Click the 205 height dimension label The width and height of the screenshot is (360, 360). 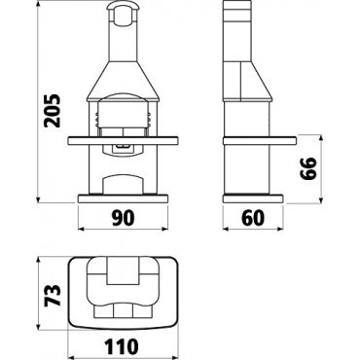53,111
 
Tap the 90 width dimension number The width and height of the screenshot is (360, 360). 123,218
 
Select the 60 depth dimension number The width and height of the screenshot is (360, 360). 253,218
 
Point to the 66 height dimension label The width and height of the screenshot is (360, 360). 307,168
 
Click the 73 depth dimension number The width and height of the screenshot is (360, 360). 53,295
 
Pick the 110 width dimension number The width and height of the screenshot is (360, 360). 122,346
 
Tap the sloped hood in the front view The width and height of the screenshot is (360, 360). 123,80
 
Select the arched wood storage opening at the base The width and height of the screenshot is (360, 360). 123,185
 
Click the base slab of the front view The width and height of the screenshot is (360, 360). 123,198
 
